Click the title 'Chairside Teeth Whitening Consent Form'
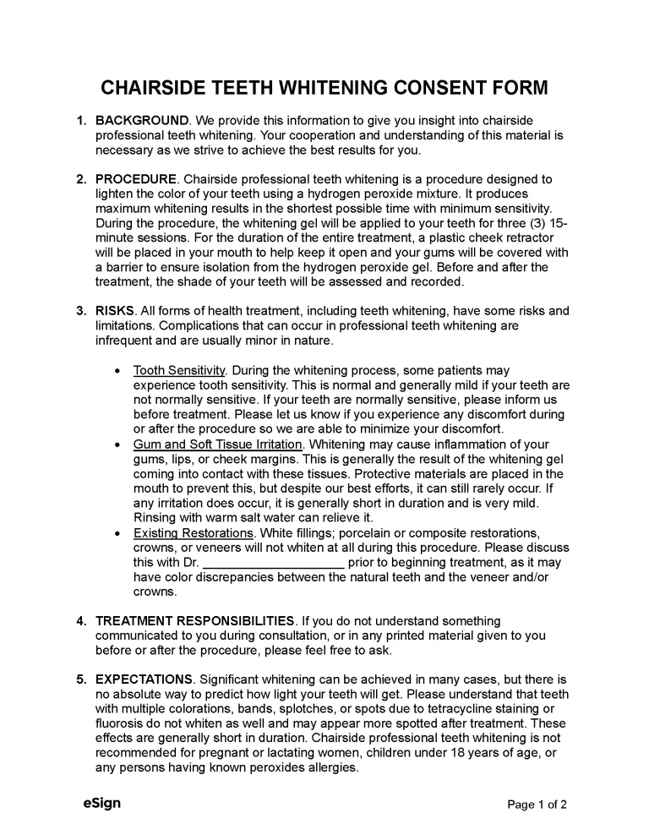tap(324, 88)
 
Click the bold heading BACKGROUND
tap(142, 121)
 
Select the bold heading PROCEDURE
tap(136, 179)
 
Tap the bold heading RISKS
tap(115, 311)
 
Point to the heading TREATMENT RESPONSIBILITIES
tap(195, 621)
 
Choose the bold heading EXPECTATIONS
tap(145, 679)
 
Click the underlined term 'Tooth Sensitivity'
tap(179, 370)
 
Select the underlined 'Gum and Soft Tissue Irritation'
tap(217, 445)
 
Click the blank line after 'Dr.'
tap(274, 563)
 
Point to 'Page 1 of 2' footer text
tap(537, 805)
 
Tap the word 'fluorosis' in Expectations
tap(123, 724)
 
